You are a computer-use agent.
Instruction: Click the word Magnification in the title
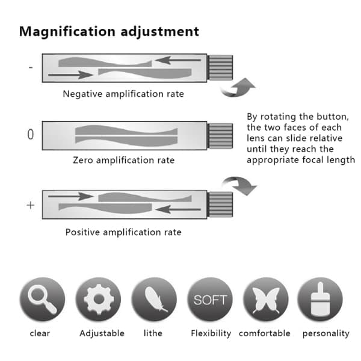pyautogui.click(x=67, y=32)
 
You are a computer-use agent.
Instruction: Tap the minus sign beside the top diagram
pyautogui.click(x=31, y=67)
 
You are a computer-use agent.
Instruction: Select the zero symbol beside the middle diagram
pyautogui.click(x=31, y=134)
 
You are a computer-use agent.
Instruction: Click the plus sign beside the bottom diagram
pyautogui.click(x=31, y=205)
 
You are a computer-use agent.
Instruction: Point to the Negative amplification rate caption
pyautogui.click(x=123, y=94)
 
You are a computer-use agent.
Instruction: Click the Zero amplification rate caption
pyautogui.click(x=123, y=160)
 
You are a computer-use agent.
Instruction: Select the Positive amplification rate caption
pyautogui.click(x=123, y=232)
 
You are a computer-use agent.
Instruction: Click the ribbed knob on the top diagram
pyautogui.click(x=220, y=67)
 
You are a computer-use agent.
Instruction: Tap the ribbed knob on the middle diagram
pyautogui.click(x=220, y=136)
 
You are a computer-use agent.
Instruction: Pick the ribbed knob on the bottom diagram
pyautogui.click(x=220, y=205)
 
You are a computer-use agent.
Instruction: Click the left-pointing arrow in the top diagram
pyautogui.click(x=178, y=60)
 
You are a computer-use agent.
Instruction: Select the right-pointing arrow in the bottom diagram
pyautogui.click(x=70, y=196)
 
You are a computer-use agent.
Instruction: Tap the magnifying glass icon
pyautogui.click(x=42, y=299)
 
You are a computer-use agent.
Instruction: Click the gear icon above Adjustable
pyautogui.click(x=99, y=299)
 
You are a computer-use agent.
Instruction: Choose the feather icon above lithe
pyautogui.click(x=154, y=299)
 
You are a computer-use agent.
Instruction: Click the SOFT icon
pyautogui.click(x=210, y=299)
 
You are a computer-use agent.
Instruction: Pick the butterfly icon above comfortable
pyautogui.click(x=266, y=299)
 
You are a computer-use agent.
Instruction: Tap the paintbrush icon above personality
pyautogui.click(x=320, y=299)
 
